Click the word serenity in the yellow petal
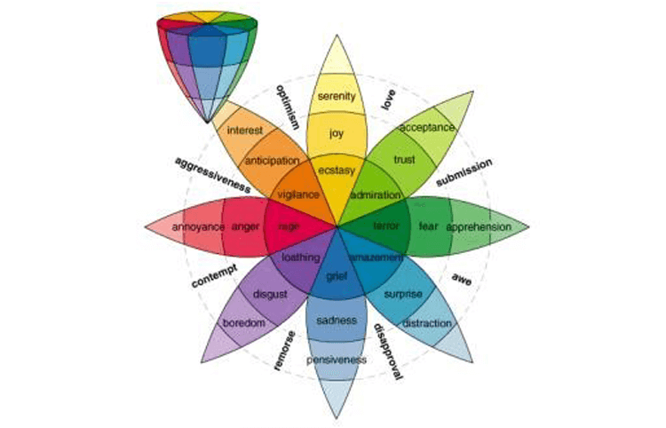click(x=337, y=97)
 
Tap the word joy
click(x=336, y=134)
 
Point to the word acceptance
click(x=426, y=128)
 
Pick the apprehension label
click(x=480, y=226)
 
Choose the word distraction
click(x=427, y=323)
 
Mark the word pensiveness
click(x=336, y=360)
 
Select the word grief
click(x=336, y=277)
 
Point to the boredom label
click(x=244, y=323)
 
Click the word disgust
click(x=268, y=293)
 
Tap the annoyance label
click(x=196, y=226)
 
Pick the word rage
click(x=288, y=226)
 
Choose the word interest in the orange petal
click(x=244, y=131)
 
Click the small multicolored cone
click(x=210, y=59)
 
